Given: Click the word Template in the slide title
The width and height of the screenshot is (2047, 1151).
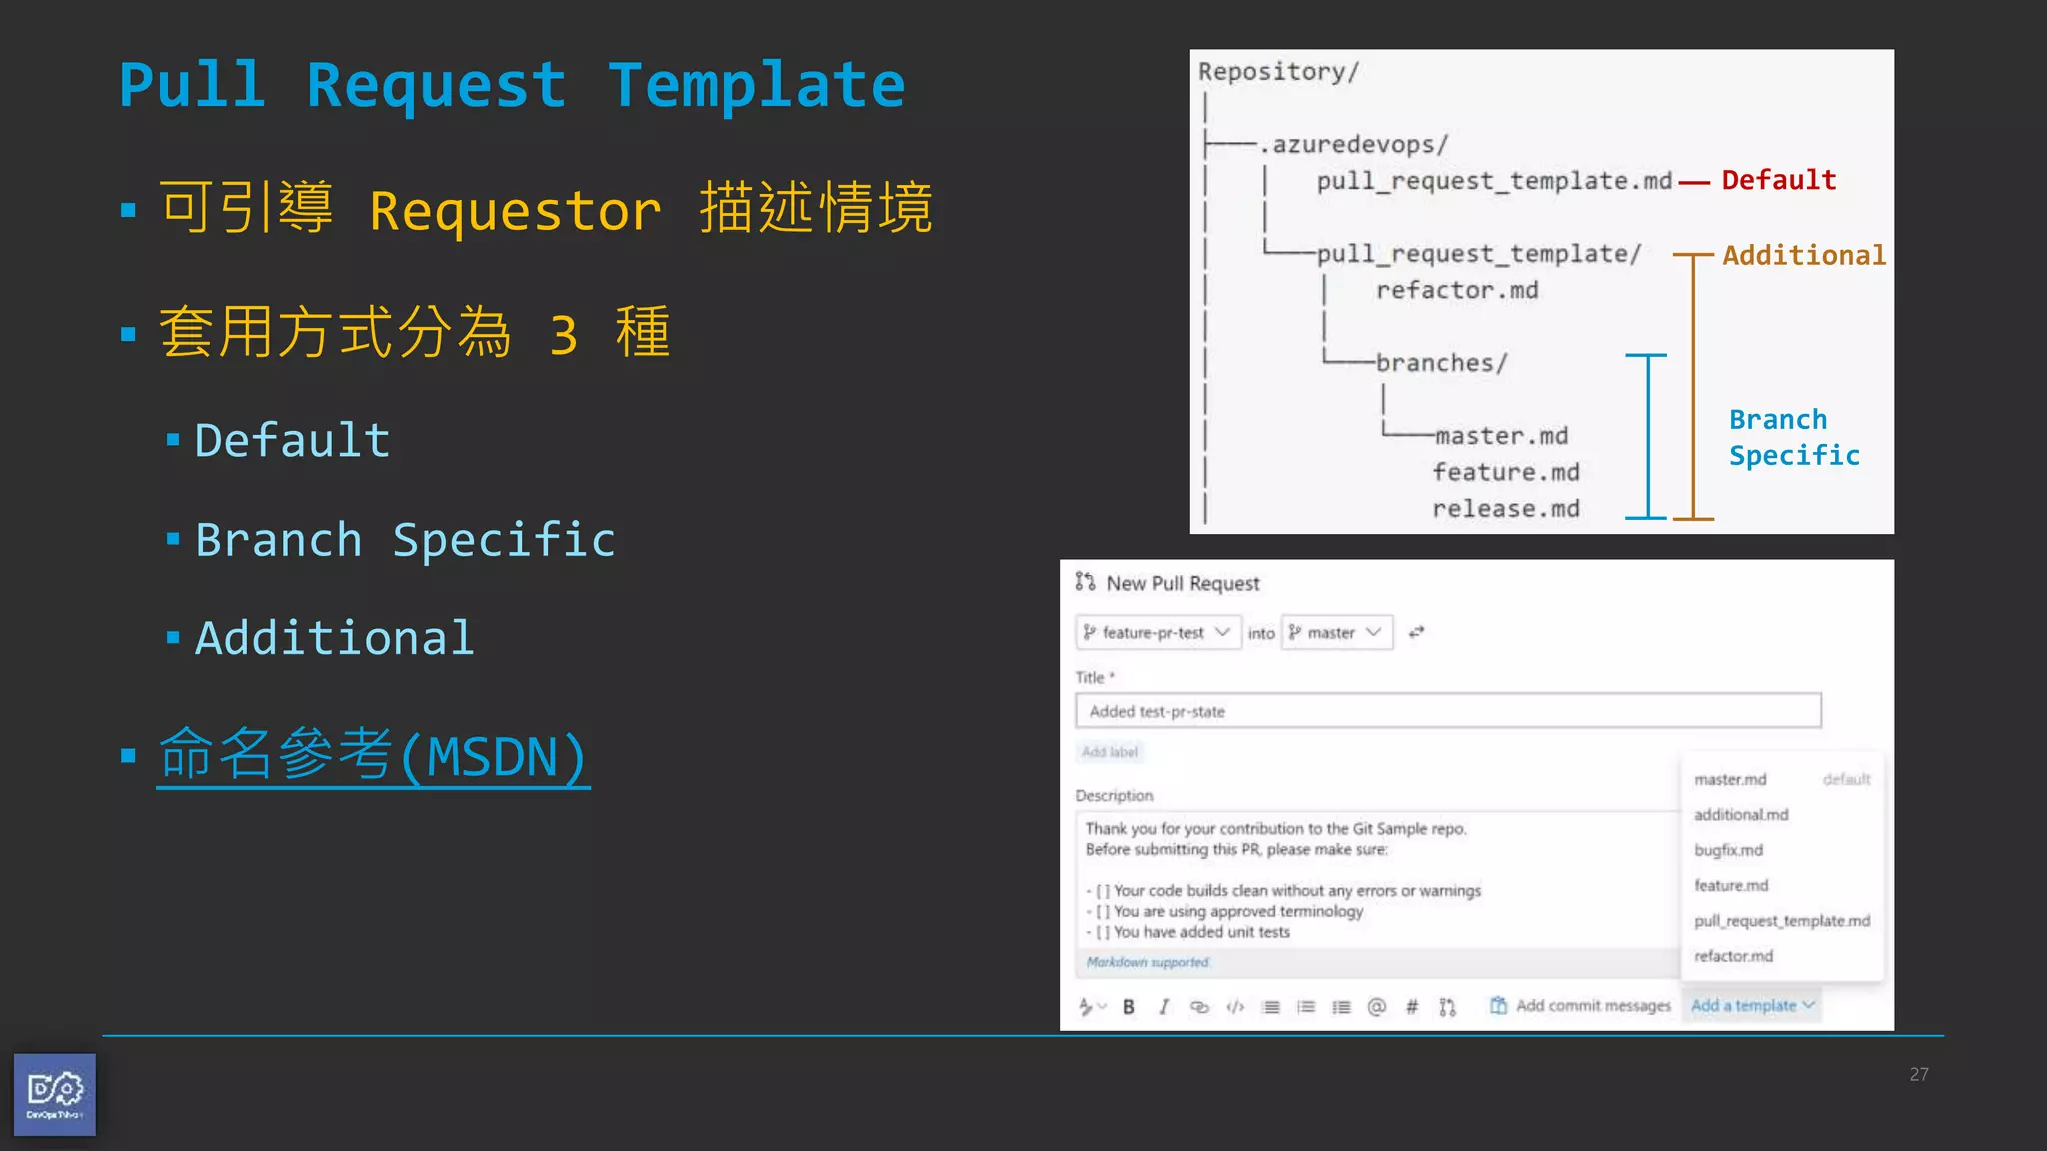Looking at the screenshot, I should [x=756, y=86].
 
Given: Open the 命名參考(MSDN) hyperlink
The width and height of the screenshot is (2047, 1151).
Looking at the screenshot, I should [x=373, y=756].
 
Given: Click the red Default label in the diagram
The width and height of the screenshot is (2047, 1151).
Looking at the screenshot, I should [x=1778, y=180].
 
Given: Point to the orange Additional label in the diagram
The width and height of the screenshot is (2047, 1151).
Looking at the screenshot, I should [x=1803, y=255].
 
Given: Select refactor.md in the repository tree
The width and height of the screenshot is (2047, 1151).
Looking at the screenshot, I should [x=1456, y=290].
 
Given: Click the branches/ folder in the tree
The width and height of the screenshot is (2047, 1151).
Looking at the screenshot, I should [x=1440, y=363].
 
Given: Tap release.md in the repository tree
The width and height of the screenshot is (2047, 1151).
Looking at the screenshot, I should [x=1505, y=509].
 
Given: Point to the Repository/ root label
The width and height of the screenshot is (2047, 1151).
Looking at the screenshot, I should [x=1278, y=72].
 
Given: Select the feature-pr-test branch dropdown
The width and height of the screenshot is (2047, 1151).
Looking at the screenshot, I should [x=1158, y=633].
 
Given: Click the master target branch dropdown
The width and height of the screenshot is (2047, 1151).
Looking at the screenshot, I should [x=1336, y=633].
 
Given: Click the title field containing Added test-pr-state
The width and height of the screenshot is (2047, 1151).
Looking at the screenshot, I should [x=1447, y=711].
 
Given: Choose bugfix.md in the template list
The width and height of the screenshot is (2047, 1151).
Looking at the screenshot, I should [x=1728, y=850].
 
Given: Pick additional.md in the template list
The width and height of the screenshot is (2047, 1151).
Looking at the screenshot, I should [x=1740, y=815].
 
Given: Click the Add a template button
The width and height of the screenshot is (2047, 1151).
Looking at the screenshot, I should [x=1751, y=1006].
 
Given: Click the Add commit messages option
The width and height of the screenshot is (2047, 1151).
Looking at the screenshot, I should [x=1581, y=1006].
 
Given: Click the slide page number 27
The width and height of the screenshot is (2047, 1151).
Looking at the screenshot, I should [x=1918, y=1074].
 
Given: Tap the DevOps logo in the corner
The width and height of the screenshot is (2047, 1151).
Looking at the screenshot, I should [x=55, y=1094].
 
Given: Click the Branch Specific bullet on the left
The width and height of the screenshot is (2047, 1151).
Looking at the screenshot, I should [x=404, y=540].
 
